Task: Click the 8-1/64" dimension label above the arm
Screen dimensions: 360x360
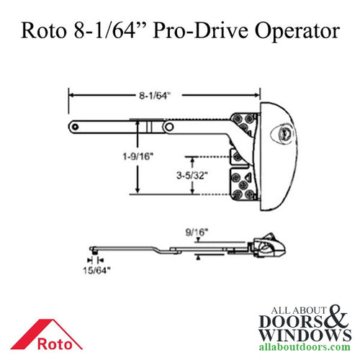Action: coord(166,93)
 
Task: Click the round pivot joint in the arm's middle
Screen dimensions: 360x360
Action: coord(167,126)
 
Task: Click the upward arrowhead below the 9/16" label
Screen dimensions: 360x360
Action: coord(195,257)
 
